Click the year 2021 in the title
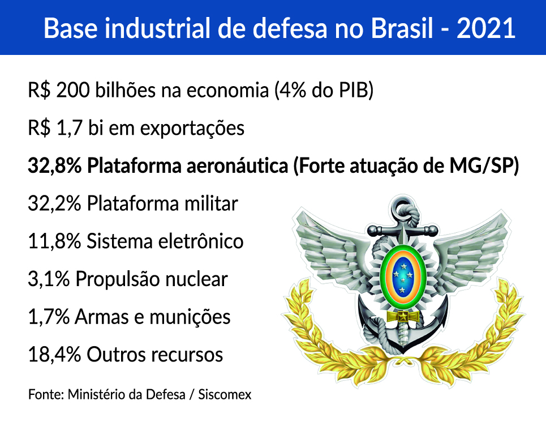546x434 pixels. pyautogui.click(x=486, y=28)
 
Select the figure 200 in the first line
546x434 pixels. pyautogui.click(x=73, y=90)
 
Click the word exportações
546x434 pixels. pyautogui.click(x=192, y=129)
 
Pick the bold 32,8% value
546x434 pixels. pyautogui.click(x=55, y=166)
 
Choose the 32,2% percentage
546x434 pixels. pyautogui.click(x=55, y=203)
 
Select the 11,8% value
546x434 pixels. pyautogui.click(x=55, y=241)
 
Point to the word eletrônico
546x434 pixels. pyautogui.click(x=200, y=241)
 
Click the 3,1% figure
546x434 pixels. pyautogui.click(x=49, y=279)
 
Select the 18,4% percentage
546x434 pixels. pyautogui.click(x=55, y=355)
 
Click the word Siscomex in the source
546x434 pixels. pyautogui.click(x=225, y=394)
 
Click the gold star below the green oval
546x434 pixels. pyautogui.click(x=403, y=317)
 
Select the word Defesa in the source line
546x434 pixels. pyautogui.click(x=165, y=394)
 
